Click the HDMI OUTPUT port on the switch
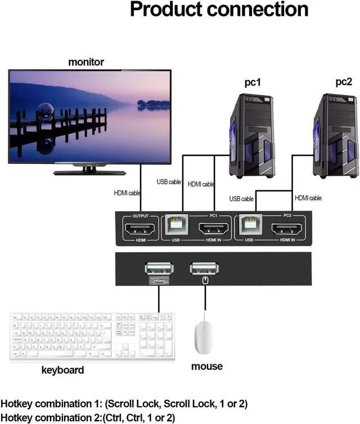coord(140,230)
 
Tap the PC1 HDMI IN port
coord(214,230)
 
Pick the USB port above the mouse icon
coord(205,268)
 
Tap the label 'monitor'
coord(86,61)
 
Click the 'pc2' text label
coord(344,82)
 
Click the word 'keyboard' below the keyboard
coord(63,370)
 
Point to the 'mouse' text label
coord(206,366)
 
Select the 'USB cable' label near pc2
coord(242,198)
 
